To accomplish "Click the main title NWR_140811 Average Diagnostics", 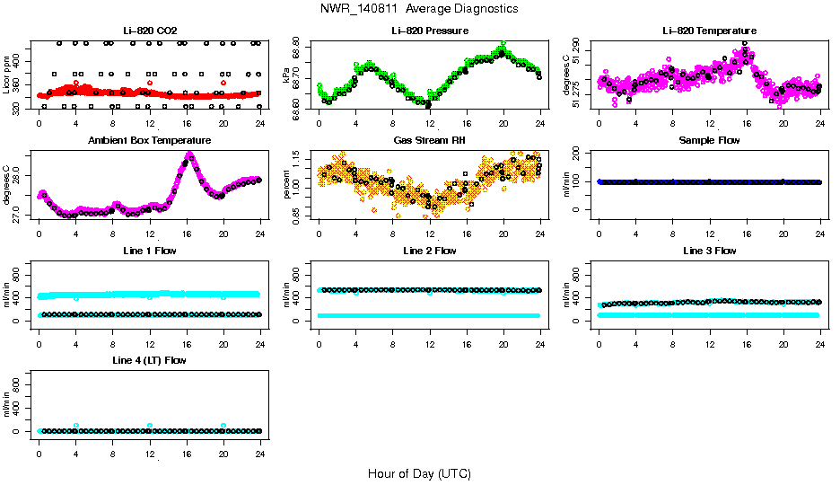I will [419, 9].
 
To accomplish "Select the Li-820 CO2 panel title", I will [149, 31].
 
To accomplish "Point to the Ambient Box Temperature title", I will [149, 141].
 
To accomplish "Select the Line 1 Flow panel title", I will [149, 251].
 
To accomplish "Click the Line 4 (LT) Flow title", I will [149, 360].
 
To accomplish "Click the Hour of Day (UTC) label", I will [419, 473].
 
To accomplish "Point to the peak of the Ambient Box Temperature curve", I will [188, 154].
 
